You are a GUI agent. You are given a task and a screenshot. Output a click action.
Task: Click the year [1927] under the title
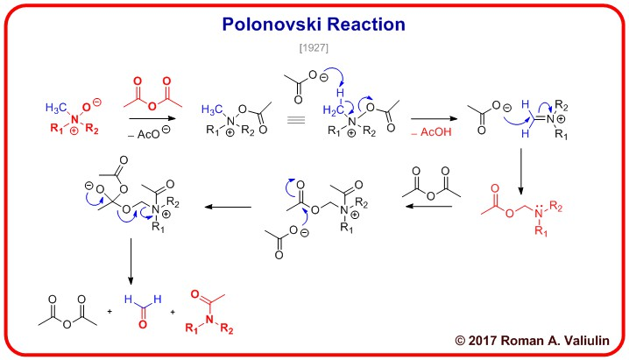(314, 46)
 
